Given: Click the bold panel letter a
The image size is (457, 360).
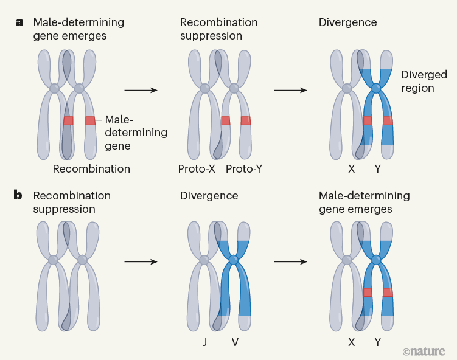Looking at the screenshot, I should pyautogui.click(x=19, y=22).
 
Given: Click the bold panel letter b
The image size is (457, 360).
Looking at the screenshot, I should pyautogui.click(x=19, y=196).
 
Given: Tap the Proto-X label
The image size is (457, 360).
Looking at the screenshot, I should pyautogui.click(x=197, y=168).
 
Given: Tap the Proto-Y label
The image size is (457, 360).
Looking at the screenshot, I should pyautogui.click(x=245, y=168).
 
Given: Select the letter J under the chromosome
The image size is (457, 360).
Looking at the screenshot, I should pyautogui.click(x=205, y=342).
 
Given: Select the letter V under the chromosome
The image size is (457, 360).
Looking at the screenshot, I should pyautogui.click(x=235, y=342).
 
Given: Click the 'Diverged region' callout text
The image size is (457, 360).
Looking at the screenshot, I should pyautogui.click(x=424, y=81).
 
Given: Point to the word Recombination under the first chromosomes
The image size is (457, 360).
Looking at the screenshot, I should pyautogui.click(x=91, y=168).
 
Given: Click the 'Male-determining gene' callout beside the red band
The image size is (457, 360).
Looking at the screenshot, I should pyautogui.click(x=135, y=133).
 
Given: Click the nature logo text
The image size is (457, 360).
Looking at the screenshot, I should pyautogui.click(x=424, y=351).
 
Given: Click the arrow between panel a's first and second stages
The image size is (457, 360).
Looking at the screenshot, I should pyautogui.click(x=141, y=91).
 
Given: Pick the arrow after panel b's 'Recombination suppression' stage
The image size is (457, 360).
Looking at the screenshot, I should pyautogui.click(x=141, y=262).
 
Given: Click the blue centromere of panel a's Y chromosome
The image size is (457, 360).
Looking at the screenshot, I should pyautogui.click(x=376, y=89).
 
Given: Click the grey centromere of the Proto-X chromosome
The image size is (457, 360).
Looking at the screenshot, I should pyautogui.click(x=205, y=89).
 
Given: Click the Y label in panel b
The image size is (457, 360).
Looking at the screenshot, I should pyautogui.click(x=378, y=342).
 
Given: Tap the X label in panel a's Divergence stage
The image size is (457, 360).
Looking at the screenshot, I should pyautogui.click(x=351, y=168).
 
